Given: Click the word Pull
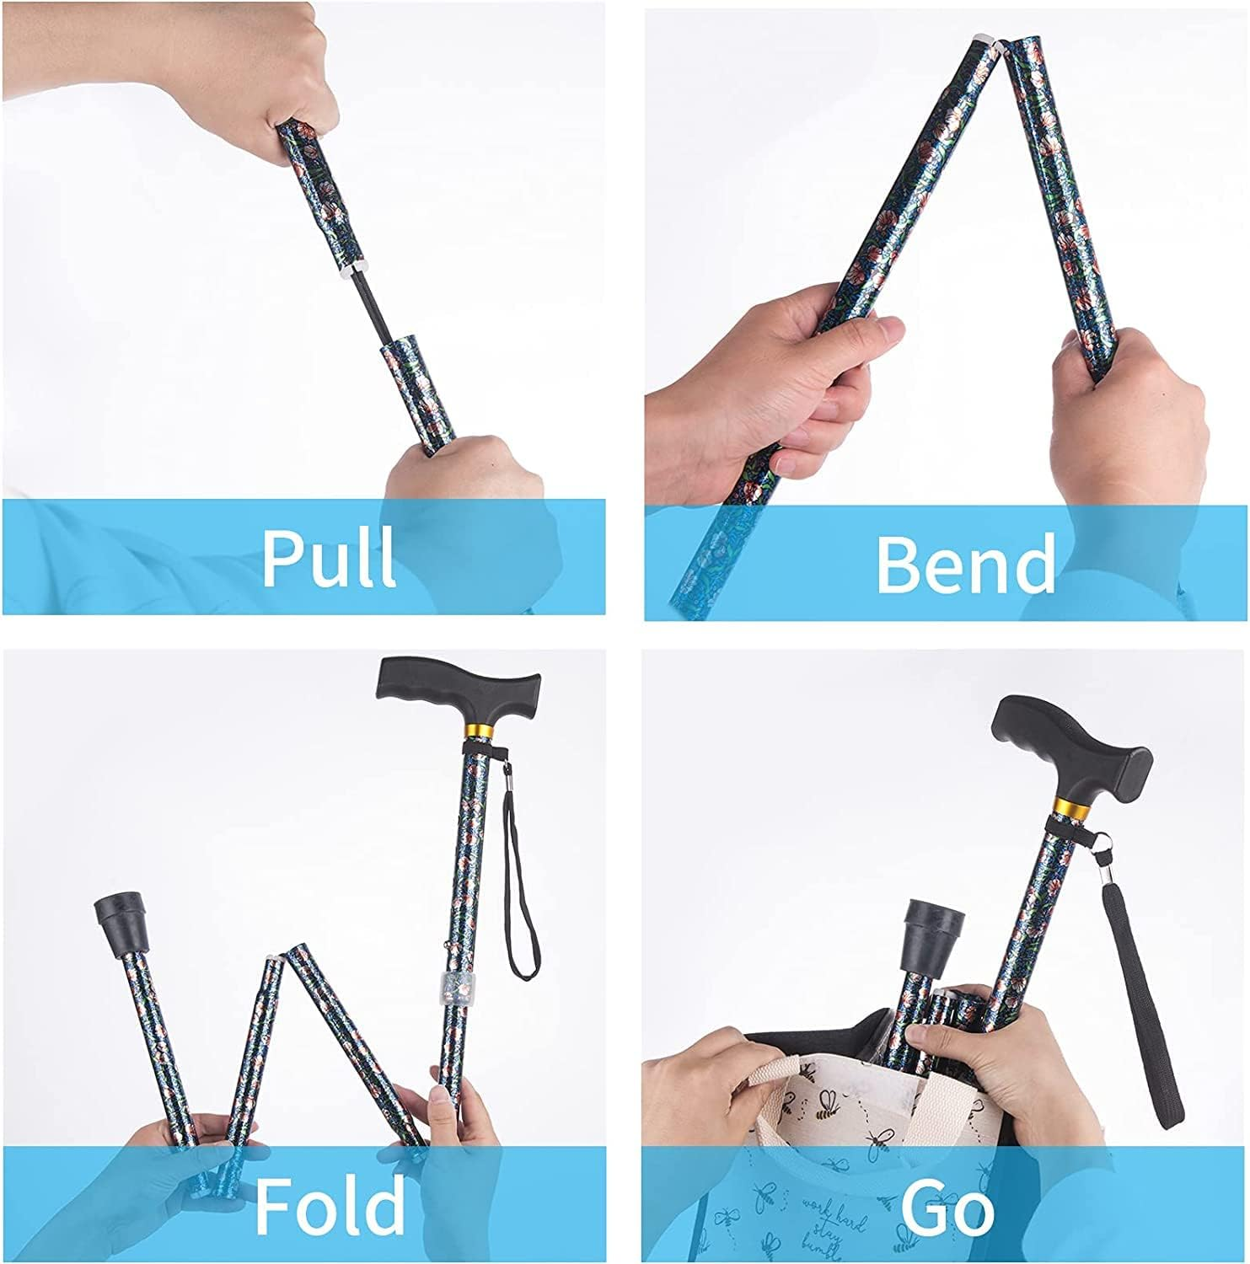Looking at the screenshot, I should tap(329, 557).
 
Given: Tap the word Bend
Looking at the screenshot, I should tap(965, 563).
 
